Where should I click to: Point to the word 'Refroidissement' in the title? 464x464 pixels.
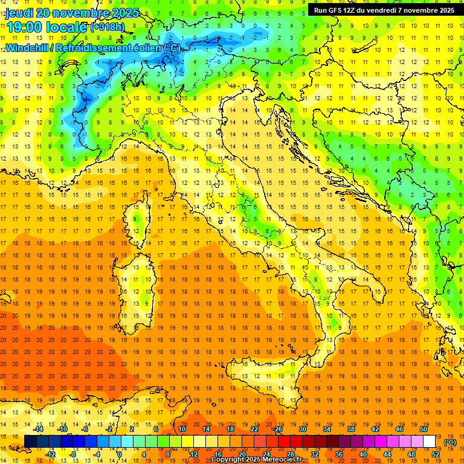tap(94, 48)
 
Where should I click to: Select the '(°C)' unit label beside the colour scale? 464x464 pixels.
tap(449, 442)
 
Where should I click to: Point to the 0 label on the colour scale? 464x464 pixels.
tap(120, 454)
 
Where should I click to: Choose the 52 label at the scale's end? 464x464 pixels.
tap(436, 454)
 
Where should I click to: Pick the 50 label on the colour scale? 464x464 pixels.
tap(423, 429)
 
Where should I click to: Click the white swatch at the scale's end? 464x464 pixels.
tap(429, 442)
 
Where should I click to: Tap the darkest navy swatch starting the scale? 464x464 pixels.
tap(30, 442)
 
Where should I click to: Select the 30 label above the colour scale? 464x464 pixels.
tap(302, 429)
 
